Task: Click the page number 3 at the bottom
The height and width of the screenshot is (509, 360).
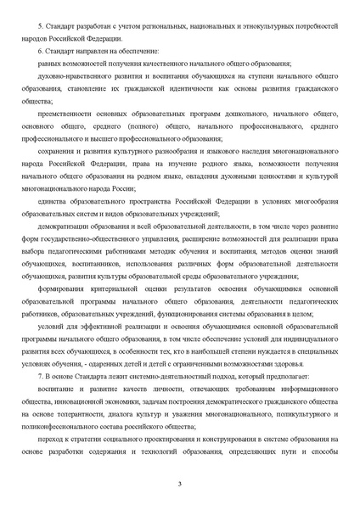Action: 180,484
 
